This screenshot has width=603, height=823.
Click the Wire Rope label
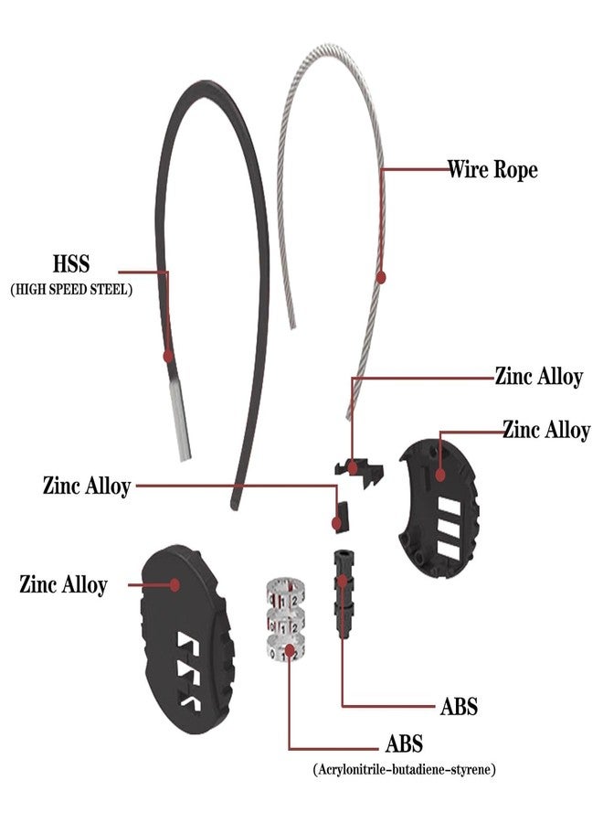492,169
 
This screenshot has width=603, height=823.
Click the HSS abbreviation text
71,263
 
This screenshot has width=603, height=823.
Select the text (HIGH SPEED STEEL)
71,289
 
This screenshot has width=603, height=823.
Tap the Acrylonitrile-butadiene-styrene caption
404,770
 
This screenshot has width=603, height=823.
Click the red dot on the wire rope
381,277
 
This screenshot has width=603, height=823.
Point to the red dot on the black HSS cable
168,357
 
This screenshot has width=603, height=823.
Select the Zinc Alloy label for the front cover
63,584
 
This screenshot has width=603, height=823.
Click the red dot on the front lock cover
175,584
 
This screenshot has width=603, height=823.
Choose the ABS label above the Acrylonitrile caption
404,743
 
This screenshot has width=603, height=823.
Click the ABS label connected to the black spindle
459,707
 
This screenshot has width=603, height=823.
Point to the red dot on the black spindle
343,581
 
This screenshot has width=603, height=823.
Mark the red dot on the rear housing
440,475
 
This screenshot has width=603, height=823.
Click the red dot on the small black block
336,523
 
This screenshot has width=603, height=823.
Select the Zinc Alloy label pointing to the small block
87,486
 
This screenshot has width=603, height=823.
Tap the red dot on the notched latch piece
353,466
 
